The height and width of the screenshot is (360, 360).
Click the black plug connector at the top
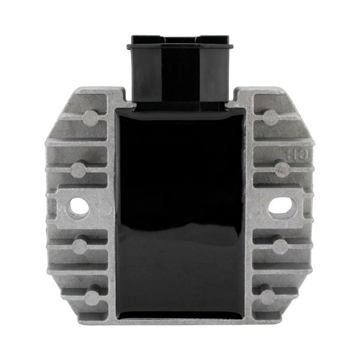pyautogui.click(x=180, y=69)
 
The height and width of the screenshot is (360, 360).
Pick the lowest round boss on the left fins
pyautogui.click(x=92, y=297)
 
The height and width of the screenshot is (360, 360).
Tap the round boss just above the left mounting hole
pyautogui.click(x=79, y=170)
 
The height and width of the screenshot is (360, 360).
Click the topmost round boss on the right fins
pyautogui.click(x=271, y=117)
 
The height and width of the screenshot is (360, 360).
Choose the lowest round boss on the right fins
pyautogui.click(x=268, y=297)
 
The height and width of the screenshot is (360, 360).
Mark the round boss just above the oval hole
pyautogui.click(x=281, y=170)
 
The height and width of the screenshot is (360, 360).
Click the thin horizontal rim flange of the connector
pyautogui.click(x=180, y=44)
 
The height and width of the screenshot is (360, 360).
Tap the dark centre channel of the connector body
pyautogui.click(x=180, y=75)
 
